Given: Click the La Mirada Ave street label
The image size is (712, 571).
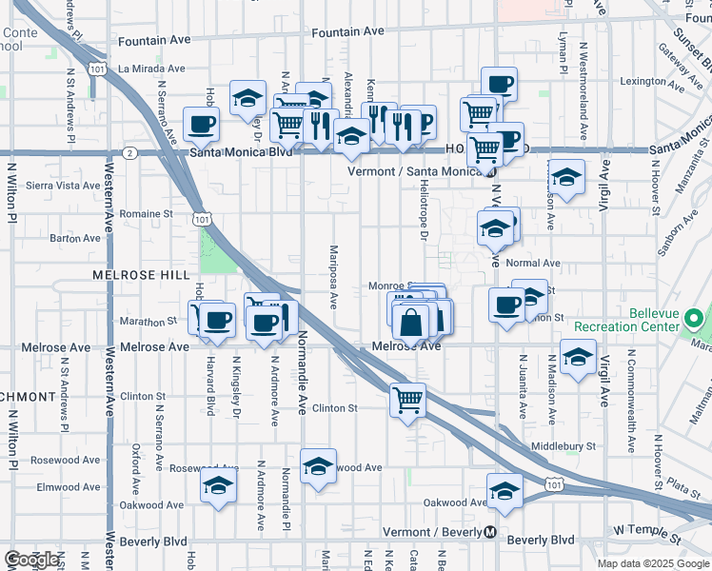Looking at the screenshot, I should pyautogui.click(x=152, y=69).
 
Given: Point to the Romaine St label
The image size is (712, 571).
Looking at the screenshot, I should pyautogui.click(x=146, y=214).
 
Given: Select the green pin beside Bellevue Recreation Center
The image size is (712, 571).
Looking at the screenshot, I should pyautogui.click(x=695, y=318).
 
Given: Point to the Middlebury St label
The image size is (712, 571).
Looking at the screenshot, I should pyautogui.click(x=564, y=444).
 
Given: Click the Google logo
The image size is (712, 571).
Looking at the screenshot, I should pyautogui.click(x=32, y=560).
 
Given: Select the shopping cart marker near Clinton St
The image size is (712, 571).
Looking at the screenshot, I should pyautogui.click(x=407, y=399).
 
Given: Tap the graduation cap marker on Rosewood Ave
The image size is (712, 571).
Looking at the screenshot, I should pyautogui.click(x=318, y=465).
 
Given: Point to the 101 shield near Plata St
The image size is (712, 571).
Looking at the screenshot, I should pyautogui.click(x=555, y=485).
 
